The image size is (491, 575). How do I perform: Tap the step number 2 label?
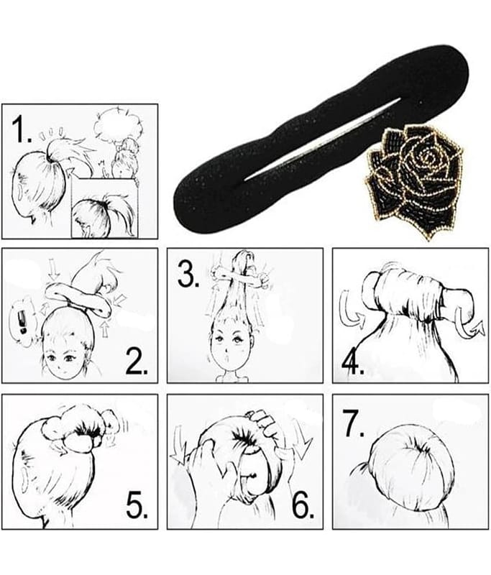[x=137, y=361]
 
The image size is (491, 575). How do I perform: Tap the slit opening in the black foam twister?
[x=323, y=140]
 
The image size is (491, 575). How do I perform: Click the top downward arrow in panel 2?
[x=54, y=272]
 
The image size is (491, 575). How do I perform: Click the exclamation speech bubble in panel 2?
[x=23, y=321]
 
